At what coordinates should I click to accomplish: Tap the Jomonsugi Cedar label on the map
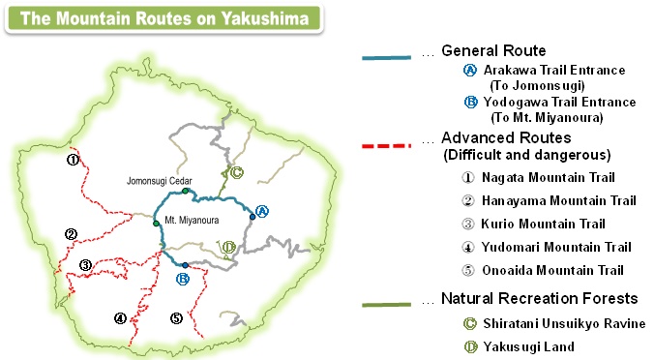pyautogui.click(x=161, y=181)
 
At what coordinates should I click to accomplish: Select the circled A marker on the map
pyautogui.click(x=261, y=210)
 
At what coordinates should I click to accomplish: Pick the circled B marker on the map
pyautogui.click(x=182, y=279)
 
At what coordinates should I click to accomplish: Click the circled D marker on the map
pyautogui.click(x=228, y=248)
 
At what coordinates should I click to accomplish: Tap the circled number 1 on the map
pyautogui.click(x=72, y=159)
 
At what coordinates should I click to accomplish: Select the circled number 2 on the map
pyautogui.click(x=71, y=233)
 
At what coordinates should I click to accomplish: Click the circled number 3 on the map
pyautogui.click(x=85, y=265)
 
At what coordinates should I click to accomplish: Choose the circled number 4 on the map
pyautogui.click(x=120, y=317)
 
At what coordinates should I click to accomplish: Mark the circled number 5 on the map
pyautogui.click(x=176, y=317)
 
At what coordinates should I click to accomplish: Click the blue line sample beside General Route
pyautogui.click(x=389, y=58)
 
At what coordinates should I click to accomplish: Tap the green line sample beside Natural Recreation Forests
pyautogui.click(x=389, y=306)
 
